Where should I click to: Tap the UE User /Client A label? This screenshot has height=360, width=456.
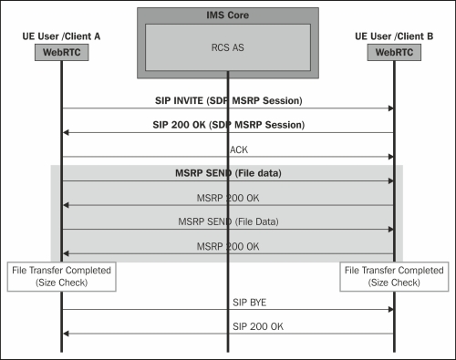coord(61,36)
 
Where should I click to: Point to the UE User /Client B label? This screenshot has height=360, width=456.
coord(393,36)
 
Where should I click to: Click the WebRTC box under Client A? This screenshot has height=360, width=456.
coord(61,52)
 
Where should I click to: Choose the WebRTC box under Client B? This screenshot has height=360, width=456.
coord(393,52)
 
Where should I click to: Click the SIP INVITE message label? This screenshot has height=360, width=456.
coord(226,99)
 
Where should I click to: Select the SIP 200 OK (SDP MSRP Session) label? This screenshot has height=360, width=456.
coord(226,124)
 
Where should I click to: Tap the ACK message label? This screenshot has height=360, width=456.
coord(226,148)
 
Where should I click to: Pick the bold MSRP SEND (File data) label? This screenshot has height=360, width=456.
coord(226,172)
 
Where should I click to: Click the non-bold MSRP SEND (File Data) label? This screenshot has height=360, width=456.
coord(226,221)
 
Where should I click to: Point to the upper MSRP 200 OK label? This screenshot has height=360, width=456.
coord(226,197)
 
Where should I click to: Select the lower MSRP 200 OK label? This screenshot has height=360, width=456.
coord(226,246)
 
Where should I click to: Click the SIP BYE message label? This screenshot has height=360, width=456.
coord(226,301)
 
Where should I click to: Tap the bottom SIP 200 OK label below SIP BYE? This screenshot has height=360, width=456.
coord(226,325)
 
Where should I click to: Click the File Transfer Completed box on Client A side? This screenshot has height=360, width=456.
coord(61,276)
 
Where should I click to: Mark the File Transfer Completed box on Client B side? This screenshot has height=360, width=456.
coord(393,276)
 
